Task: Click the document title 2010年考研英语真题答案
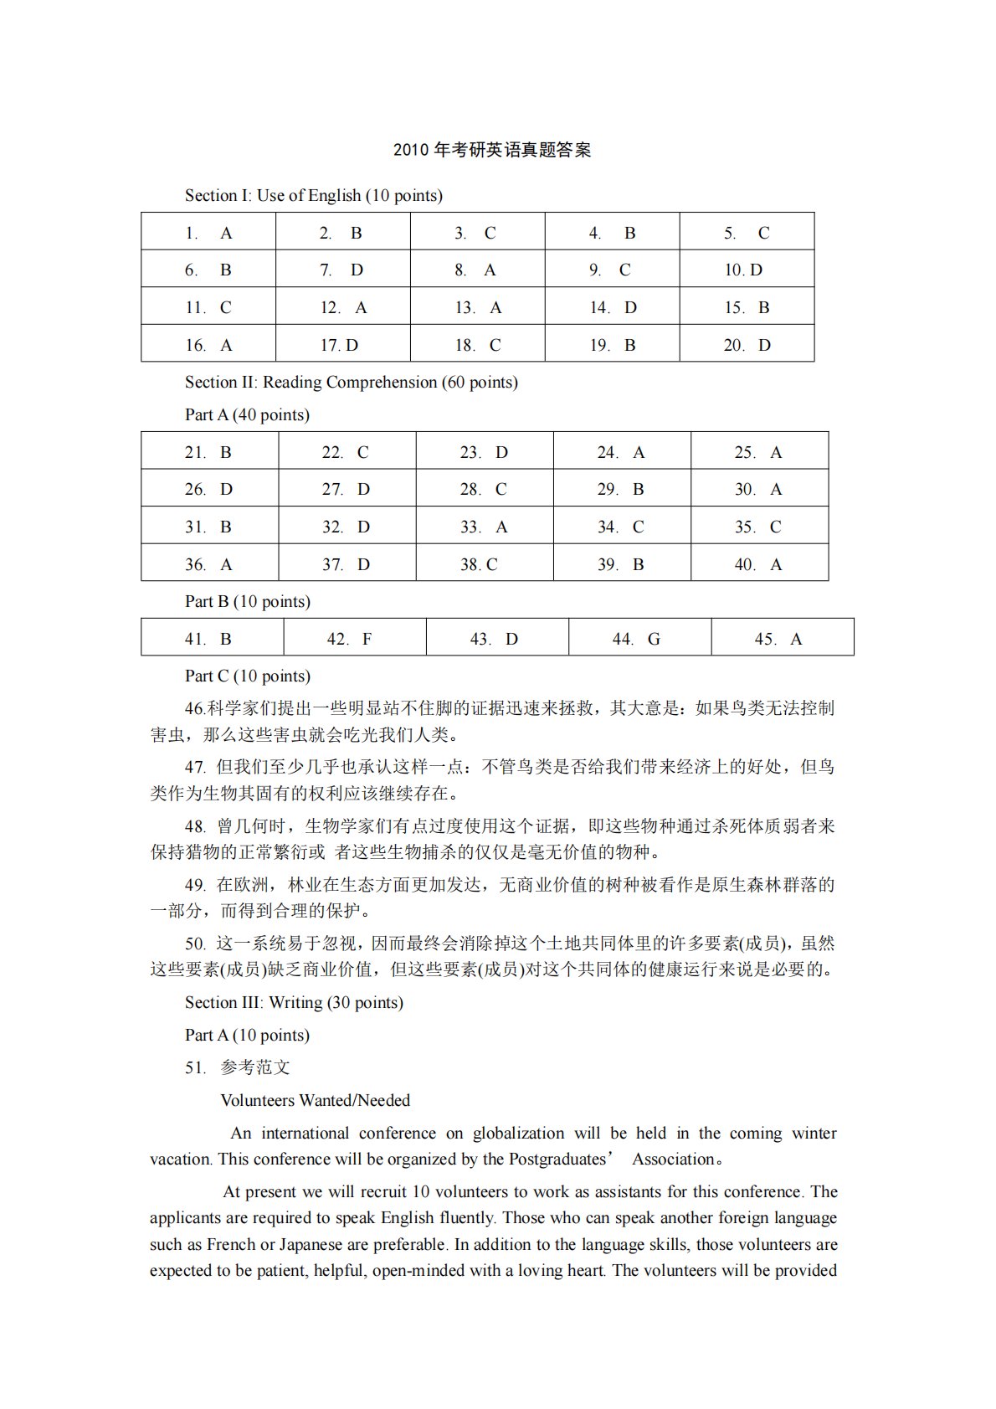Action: [x=492, y=151]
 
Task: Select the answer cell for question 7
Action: [x=342, y=270]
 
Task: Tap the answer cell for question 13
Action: [x=477, y=307]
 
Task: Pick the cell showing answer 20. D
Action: [x=747, y=345]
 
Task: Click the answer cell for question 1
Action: [x=208, y=233]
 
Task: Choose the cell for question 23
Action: [x=484, y=452]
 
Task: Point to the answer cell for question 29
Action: [x=621, y=490]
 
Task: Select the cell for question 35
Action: [x=758, y=527]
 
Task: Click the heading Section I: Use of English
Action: [x=313, y=196]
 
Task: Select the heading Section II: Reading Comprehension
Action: [x=351, y=383]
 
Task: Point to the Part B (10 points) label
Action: [x=247, y=602]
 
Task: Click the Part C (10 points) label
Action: [x=247, y=676]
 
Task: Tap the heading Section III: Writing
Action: [x=294, y=1003]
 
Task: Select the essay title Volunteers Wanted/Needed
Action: [x=315, y=1101]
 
